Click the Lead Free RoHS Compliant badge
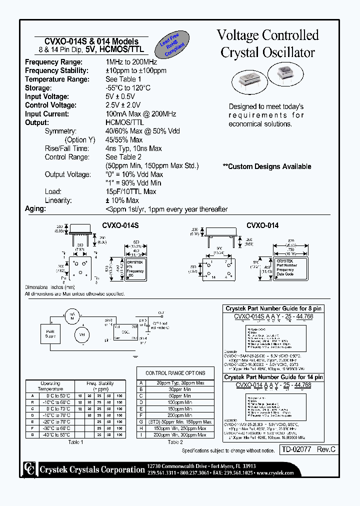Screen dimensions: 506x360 click(172, 45)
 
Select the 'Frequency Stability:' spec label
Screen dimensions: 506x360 click(56, 70)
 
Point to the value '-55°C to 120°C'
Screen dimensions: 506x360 click(128, 88)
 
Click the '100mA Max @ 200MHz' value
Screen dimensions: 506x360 click(141, 114)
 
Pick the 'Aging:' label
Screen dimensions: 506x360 click(35, 209)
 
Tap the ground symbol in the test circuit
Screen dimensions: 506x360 click(135, 357)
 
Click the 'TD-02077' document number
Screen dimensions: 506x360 click(296, 449)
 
